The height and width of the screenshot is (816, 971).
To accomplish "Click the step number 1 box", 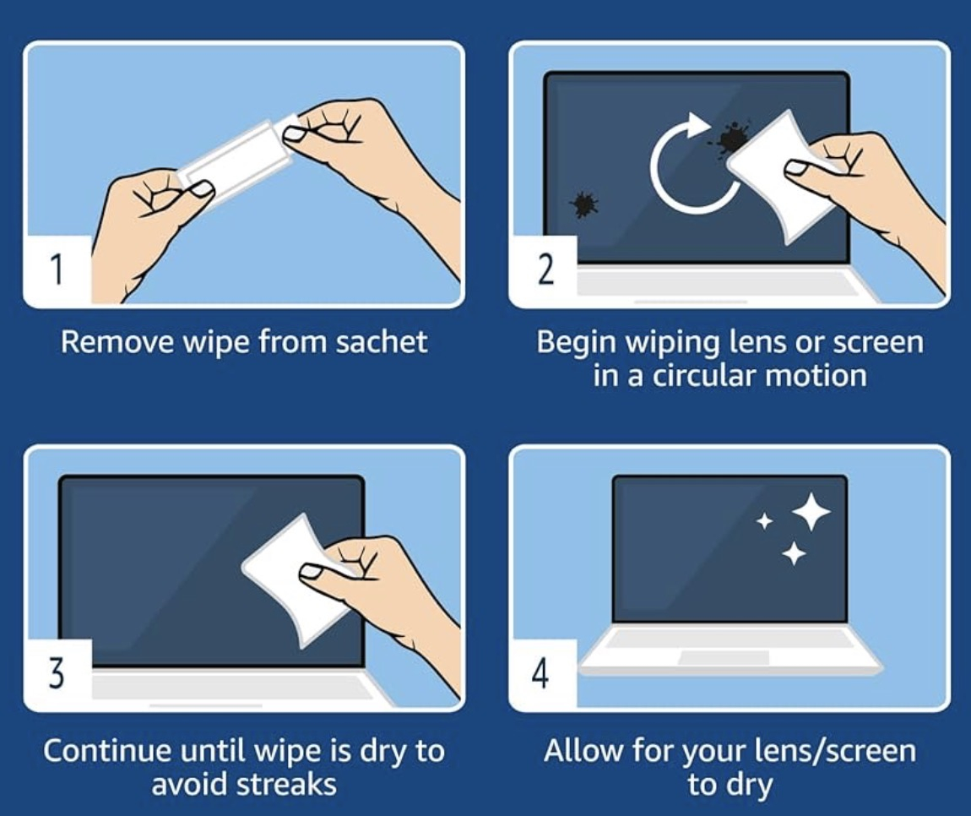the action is pyautogui.click(x=57, y=271).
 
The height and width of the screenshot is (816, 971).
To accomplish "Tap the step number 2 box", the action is pyautogui.click(x=544, y=271).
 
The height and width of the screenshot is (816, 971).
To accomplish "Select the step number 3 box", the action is pyautogui.click(x=57, y=674).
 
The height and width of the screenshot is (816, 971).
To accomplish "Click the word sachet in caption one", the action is pyautogui.click(x=382, y=341).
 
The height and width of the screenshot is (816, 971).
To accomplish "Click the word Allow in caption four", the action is pyautogui.click(x=584, y=750).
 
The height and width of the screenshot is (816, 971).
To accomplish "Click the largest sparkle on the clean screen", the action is pyautogui.click(x=811, y=512).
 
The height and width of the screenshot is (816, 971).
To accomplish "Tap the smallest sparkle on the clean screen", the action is pyautogui.click(x=766, y=522).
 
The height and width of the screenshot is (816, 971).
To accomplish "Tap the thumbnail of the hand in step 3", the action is pyautogui.click(x=316, y=572).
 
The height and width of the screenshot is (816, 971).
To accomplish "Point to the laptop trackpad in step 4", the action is pyautogui.click(x=724, y=658).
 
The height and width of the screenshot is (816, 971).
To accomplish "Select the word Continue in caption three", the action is pyautogui.click(x=108, y=750).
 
